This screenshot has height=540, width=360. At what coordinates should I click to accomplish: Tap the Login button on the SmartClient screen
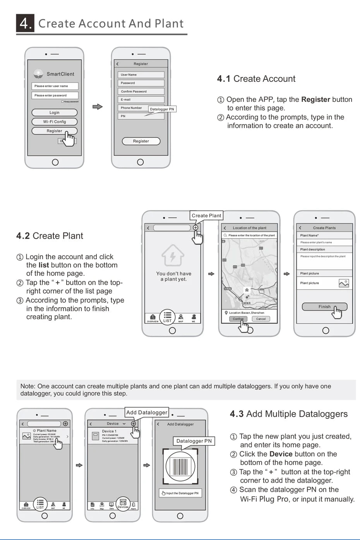click(x=55, y=113)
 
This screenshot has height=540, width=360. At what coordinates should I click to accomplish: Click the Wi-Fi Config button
click(x=55, y=122)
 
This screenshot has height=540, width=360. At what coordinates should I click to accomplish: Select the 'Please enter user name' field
click(x=55, y=86)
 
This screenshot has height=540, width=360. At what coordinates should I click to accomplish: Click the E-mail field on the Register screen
click(x=141, y=100)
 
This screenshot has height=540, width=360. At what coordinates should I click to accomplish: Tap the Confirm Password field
click(x=141, y=91)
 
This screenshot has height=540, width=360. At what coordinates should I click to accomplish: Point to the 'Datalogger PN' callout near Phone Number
click(x=162, y=109)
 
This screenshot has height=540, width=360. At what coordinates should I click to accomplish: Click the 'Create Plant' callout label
click(x=206, y=216)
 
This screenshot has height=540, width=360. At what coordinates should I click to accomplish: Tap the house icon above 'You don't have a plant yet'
click(x=173, y=255)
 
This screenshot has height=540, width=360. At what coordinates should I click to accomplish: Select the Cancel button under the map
click(x=261, y=319)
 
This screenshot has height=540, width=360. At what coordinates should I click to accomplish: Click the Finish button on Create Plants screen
click(x=324, y=307)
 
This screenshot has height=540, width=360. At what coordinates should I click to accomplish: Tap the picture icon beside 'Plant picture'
click(x=344, y=283)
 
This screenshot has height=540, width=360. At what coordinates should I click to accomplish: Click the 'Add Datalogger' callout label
click(x=147, y=413)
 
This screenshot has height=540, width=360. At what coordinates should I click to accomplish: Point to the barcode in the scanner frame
click(x=180, y=467)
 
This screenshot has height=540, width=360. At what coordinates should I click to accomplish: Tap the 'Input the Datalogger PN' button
click(x=180, y=493)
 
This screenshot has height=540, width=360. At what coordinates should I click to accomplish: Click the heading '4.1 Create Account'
click(x=256, y=79)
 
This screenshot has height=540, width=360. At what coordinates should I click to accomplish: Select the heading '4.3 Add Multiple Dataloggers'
click(x=289, y=414)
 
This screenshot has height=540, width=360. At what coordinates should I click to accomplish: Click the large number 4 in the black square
click(x=25, y=23)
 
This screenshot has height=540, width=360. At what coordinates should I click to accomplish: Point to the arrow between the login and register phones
click(x=98, y=107)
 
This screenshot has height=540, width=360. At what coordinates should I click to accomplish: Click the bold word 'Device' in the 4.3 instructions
click(x=281, y=454)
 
